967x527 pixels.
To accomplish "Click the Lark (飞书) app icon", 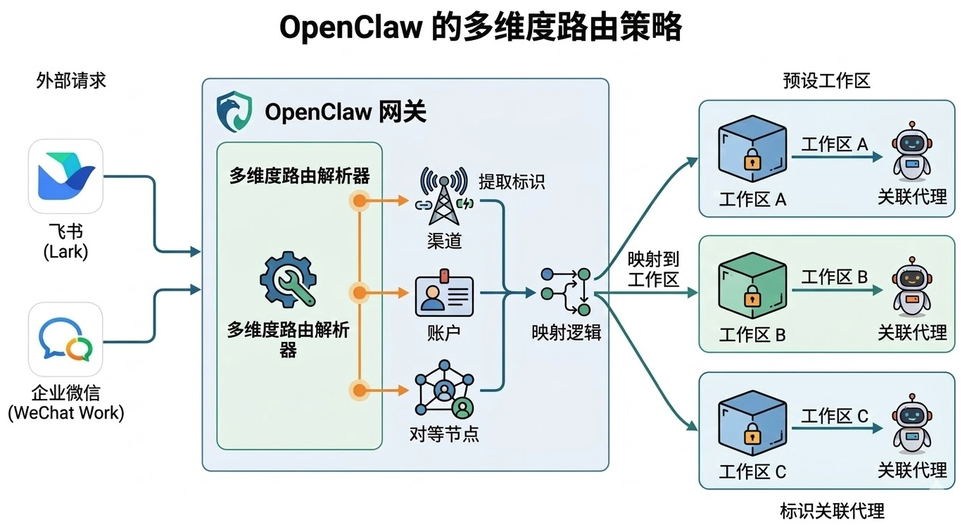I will click(65, 176).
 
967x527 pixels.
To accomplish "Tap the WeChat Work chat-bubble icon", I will click(65, 339).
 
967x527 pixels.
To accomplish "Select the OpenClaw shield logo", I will click(234, 112).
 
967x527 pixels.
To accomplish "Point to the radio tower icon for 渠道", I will click(444, 196).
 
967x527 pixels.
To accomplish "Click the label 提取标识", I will click(512, 182).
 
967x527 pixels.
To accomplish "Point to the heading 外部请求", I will click(71, 80).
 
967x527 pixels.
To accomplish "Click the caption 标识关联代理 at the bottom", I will click(832, 510).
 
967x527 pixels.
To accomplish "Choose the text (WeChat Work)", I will click(66, 412).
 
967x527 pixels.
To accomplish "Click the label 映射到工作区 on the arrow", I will click(653, 269).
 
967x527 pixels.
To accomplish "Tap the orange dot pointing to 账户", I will click(360, 293).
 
